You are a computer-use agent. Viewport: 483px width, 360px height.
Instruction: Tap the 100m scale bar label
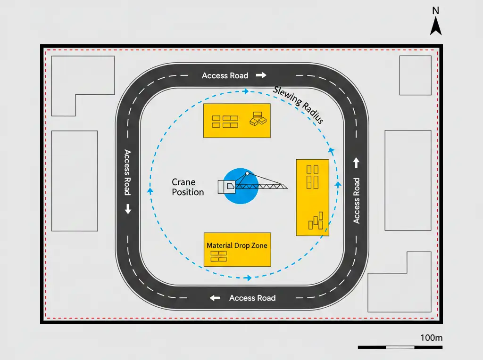coord(431,338)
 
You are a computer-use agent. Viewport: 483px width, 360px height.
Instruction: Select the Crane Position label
coord(187,187)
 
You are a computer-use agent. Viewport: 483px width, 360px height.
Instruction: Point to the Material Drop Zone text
coord(237,245)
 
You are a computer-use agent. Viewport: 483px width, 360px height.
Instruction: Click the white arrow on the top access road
coord(261,75)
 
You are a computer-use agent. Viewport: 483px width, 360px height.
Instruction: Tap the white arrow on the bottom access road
coord(215,298)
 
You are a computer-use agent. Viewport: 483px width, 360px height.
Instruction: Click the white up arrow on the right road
coord(356,163)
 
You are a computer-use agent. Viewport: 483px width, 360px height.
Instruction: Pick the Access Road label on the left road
coord(127,172)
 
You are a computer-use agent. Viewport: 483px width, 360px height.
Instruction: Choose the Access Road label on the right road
coord(357,200)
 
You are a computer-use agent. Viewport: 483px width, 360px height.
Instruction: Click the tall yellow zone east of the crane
coord(312,198)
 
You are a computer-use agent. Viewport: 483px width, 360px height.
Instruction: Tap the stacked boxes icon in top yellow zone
coord(258,119)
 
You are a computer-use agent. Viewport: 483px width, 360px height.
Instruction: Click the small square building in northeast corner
coord(415,75)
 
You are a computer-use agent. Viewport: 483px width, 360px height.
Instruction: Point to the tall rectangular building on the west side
coord(75,181)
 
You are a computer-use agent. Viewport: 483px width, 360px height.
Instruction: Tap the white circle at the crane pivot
coord(247,174)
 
